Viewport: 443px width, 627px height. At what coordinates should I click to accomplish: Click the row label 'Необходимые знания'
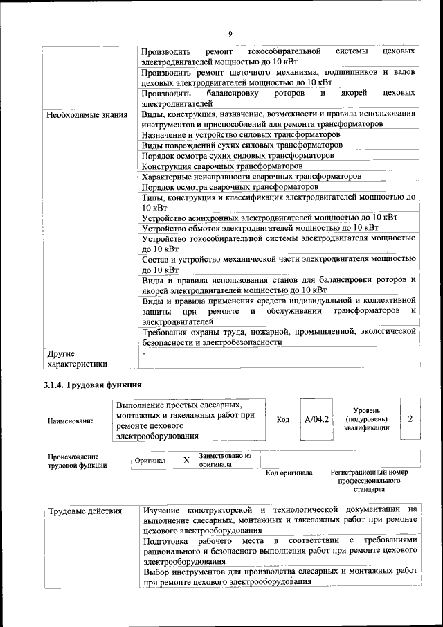coord(87,114)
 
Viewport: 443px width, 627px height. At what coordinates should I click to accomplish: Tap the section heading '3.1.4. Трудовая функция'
coord(93,385)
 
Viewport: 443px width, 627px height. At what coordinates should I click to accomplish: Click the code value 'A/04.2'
coord(316,420)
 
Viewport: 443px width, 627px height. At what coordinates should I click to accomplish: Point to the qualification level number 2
coord(410,418)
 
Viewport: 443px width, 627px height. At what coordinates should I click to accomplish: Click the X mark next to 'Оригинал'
coord(186,461)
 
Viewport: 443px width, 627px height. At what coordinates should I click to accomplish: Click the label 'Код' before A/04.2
coord(282,420)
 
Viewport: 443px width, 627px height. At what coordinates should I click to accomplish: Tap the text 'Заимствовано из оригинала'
coord(224,461)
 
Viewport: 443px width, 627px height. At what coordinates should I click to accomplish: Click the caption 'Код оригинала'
coord(289,473)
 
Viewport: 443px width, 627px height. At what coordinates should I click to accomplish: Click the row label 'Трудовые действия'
coord(85,511)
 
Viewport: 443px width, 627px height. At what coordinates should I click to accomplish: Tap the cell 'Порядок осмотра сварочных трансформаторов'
coord(230,187)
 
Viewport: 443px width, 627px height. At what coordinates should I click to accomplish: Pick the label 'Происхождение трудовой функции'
coord(73,461)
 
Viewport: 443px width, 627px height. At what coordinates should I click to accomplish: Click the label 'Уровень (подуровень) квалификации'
coord(366,419)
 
